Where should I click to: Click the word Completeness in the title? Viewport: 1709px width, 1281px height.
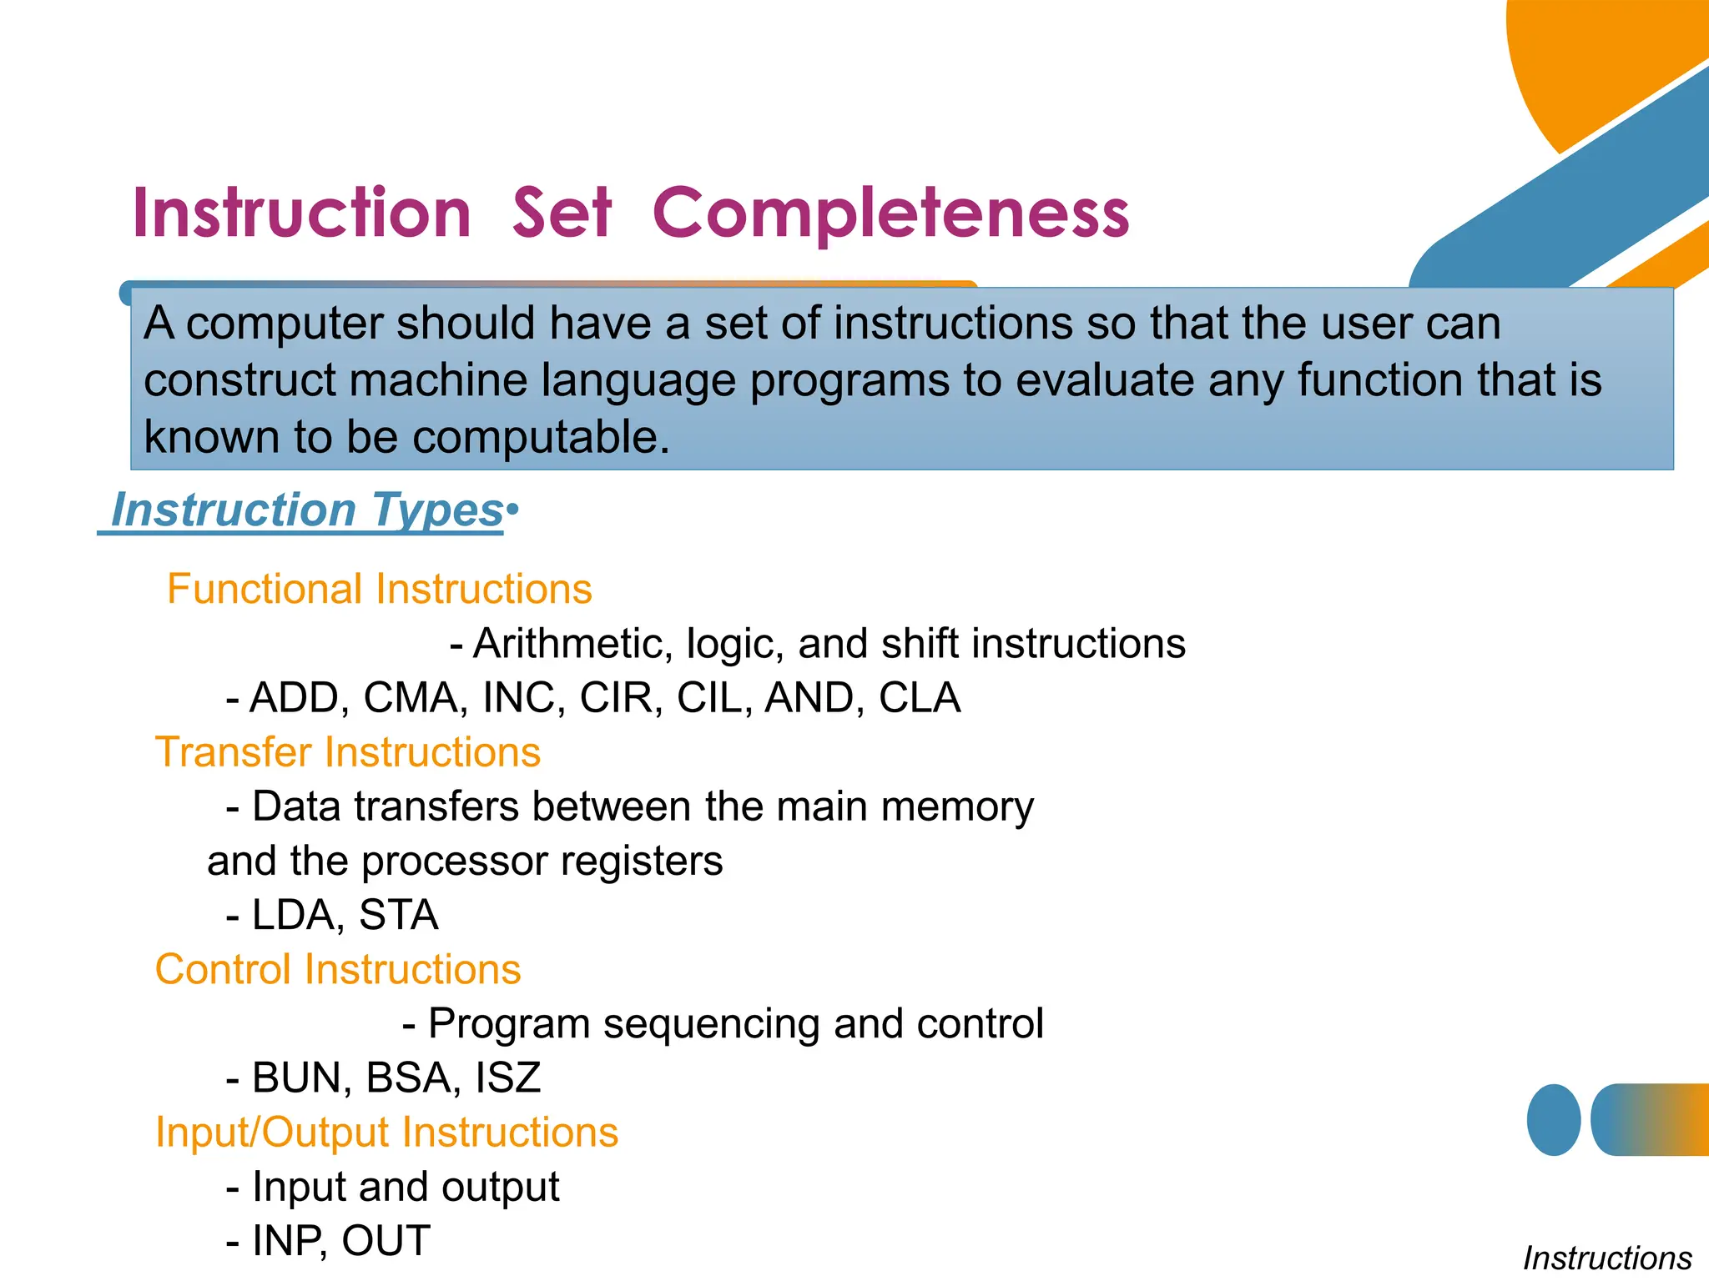click(x=890, y=213)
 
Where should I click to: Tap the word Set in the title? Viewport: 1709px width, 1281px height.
click(x=562, y=213)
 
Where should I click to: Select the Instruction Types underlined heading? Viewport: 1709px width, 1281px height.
click(x=306, y=510)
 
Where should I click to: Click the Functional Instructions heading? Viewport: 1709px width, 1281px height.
click(x=379, y=589)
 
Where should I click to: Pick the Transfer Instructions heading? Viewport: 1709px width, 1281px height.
click(x=348, y=751)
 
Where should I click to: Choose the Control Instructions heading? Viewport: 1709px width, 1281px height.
click(x=338, y=969)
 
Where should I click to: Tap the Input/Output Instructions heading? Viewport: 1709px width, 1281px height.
click(x=386, y=1132)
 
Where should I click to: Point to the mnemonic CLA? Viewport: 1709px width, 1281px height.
click(x=919, y=698)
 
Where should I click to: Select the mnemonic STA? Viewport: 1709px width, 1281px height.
click(x=398, y=915)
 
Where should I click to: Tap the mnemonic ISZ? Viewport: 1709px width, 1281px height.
click(x=507, y=1078)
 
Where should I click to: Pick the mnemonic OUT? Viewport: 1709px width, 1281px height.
click(x=386, y=1240)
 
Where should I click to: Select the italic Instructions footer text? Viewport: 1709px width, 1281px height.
click(x=1606, y=1258)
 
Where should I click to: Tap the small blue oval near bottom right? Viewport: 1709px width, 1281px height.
click(x=1553, y=1120)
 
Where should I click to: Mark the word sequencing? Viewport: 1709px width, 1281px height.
click(x=712, y=1023)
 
